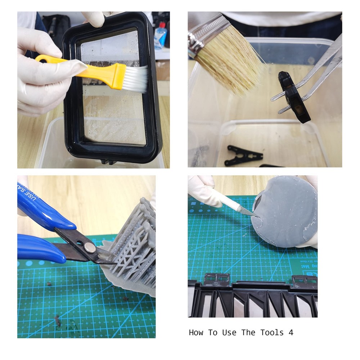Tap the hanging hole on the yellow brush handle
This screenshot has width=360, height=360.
(41, 58)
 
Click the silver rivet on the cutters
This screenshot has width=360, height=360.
(90, 247)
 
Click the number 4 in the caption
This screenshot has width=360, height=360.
(291, 333)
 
